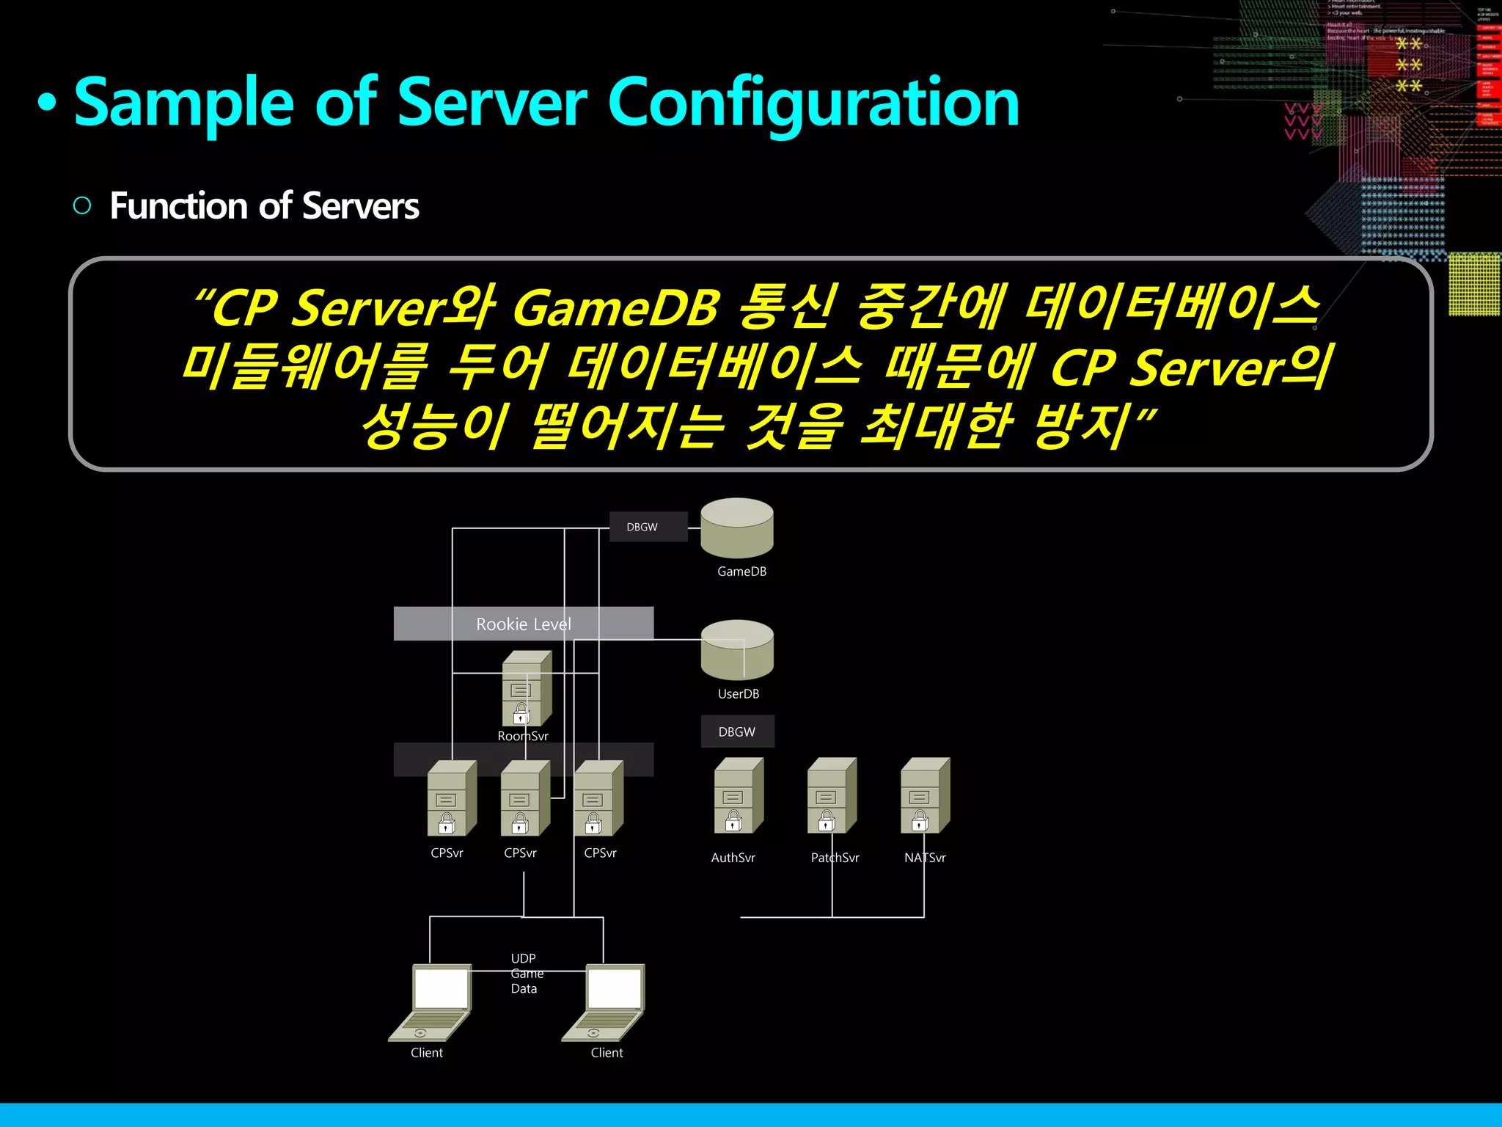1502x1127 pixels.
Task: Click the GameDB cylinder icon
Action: pyautogui.click(x=736, y=528)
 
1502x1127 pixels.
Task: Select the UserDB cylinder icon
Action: pyautogui.click(x=736, y=650)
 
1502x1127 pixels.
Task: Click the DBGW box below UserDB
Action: pyautogui.click(x=737, y=732)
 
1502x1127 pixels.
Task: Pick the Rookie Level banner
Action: pyautogui.click(x=523, y=624)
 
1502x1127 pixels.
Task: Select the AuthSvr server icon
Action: pyautogui.click(x=738, y=796)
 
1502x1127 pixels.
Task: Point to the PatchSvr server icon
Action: pyautogui.click(x=831, y=796)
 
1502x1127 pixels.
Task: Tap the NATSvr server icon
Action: pyautogui.click(x=924, y=796)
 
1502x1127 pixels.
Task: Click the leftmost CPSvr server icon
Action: pyautogui.click(x=451, y=798)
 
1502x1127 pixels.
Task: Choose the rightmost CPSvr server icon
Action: pyautogui.click(x=598, y=798)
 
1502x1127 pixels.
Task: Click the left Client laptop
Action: pyautogui.click(x=431, y=1002)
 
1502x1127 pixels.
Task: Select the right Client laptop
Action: pyautogui.click(x=605, y=1002)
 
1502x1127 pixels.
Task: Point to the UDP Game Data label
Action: pyautogui.click(x=525, y=974)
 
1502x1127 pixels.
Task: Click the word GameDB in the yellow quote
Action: pyautogui.click(x=615, y=307)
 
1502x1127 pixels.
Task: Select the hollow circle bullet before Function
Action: pyautogui.click(x=82, y=205)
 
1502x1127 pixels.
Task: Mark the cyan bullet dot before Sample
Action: pyautogui.click(x=47, y=103)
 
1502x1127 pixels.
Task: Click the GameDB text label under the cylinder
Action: pyautogui.click(x=741, y=572)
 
